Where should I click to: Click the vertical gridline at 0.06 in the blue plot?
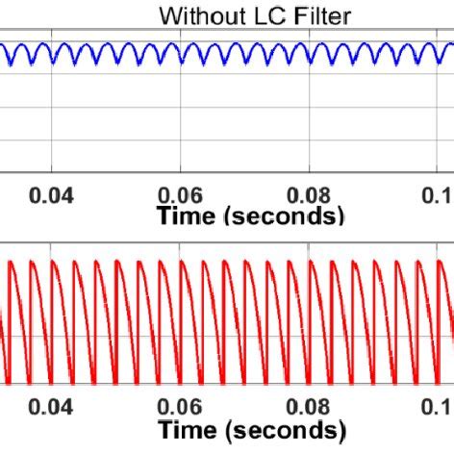(181, 115)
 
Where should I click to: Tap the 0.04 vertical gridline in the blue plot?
(52, 115)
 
